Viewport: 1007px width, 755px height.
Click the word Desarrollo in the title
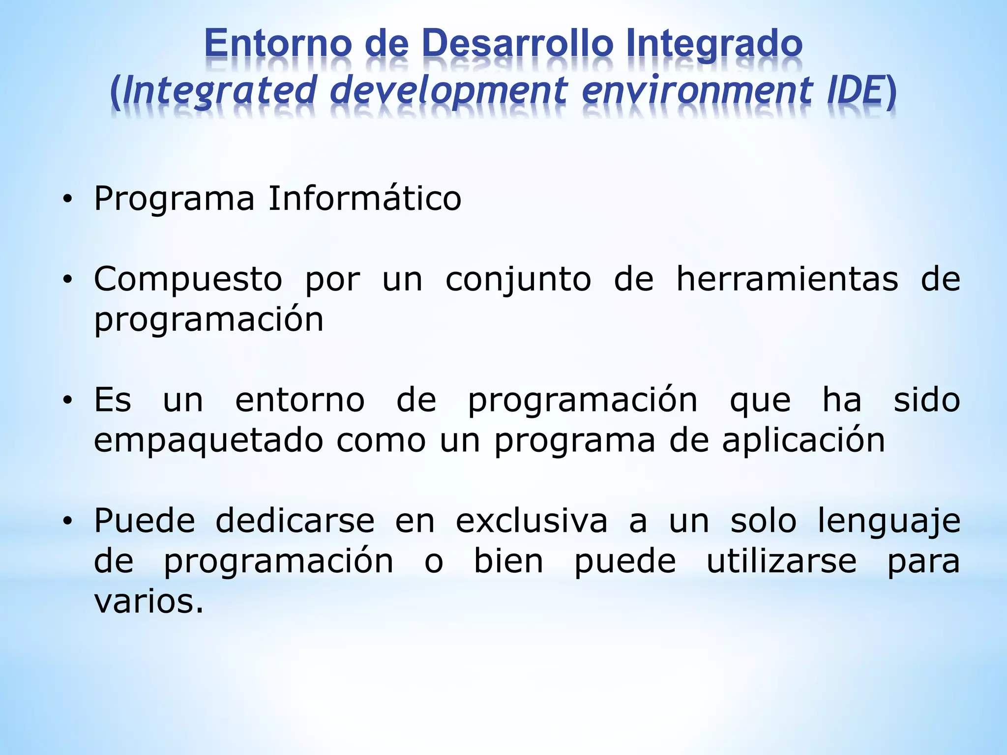(x=517, y=43)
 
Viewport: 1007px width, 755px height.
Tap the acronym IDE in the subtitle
(x=854, y=90)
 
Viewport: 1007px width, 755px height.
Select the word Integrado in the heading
(x=714, y=43)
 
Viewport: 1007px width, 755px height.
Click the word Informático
(x=364, y=199)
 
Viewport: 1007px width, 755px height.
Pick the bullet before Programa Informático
(x=67, y=200)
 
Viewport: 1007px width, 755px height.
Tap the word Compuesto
(x=188, y=279)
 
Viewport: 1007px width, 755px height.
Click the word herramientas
(x=787, y=279)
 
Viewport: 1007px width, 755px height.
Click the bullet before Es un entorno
(x=67, y=401)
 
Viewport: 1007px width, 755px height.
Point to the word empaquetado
(x=208, y=440)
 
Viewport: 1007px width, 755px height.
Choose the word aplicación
(x=803, y=440)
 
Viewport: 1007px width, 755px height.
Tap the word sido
(x=926, y=400)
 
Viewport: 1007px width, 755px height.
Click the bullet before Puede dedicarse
(x=67, y=521)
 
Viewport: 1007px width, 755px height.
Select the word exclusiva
(x=532, y=521)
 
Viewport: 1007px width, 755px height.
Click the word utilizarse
(x=781, y=561)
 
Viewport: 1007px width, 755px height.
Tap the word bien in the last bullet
(x=508, y=561)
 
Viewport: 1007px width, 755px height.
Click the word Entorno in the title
(x=278, y=43)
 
